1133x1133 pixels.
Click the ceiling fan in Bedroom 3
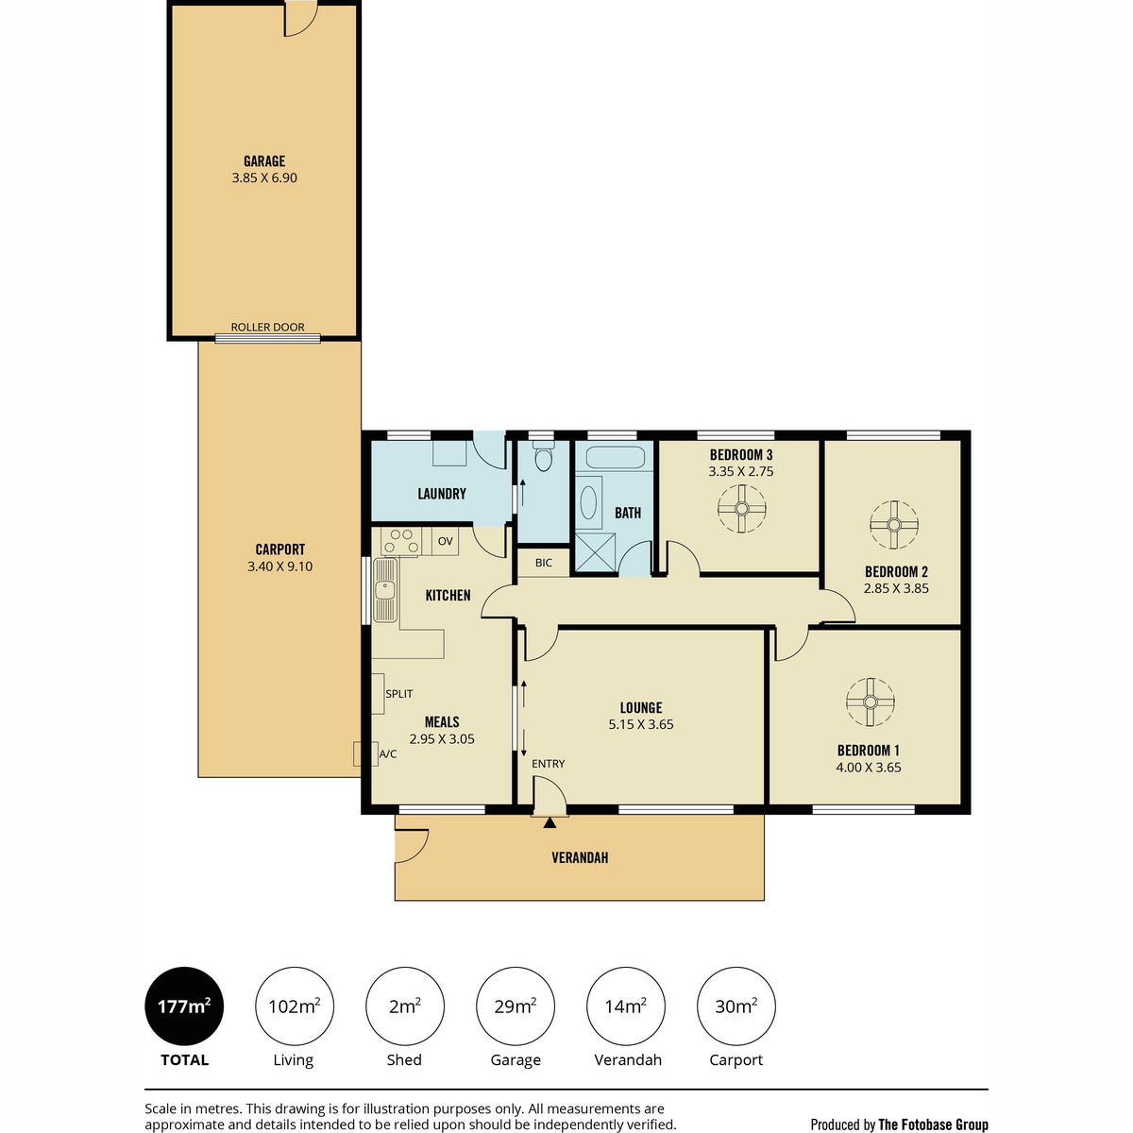(x=741, y=509)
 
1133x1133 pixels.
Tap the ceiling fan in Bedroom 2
(x=893, y=524)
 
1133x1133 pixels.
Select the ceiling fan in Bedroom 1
(x=871, y=702)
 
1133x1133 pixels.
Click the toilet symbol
(x=543, y=458)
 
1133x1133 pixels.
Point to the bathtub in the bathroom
(x=615, y=457)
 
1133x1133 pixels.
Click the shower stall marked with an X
(x=595, y=552)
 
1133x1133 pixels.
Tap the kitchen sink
(x=385, y=590)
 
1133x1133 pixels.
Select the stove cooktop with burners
(x=401, y=541)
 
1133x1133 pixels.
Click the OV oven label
(x=445, y=541)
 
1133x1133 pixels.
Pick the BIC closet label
(x=543, y=563)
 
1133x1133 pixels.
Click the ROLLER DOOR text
(x=267, y=327)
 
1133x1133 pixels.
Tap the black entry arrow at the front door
(x=550, y=822)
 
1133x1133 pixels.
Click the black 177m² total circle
(x=184, y=1006)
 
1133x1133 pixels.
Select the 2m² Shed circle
(x=404, y=1006)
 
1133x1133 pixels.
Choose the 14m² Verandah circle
(x=626, y=1006)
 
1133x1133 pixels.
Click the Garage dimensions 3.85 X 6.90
(x=264, y=178)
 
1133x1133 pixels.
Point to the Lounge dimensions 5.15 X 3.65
(x=641, y=724)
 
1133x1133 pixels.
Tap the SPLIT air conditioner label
(x=398, y=694)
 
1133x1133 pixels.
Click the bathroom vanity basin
(x=588, y=502)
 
